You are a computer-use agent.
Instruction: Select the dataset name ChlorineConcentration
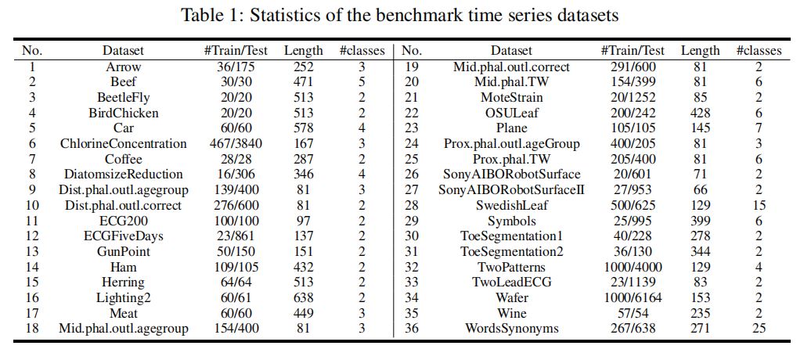[x=124, y=143]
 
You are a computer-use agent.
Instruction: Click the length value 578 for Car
[x=304, y=128]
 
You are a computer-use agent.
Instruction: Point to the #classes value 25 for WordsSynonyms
[x=758, y=328]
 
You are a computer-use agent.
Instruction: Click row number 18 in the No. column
[x=32, y=328]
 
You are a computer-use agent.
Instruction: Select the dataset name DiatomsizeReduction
[x=124, y=175]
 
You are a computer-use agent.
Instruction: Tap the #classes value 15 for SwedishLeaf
[x=758, y=205]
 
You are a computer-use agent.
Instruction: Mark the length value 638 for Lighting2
[x=304, y=297]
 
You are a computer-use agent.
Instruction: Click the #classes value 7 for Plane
[x=758, y=128]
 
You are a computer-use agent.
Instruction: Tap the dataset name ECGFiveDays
[x=124, y=236]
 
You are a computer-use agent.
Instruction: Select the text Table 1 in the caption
[x=207, y=14]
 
